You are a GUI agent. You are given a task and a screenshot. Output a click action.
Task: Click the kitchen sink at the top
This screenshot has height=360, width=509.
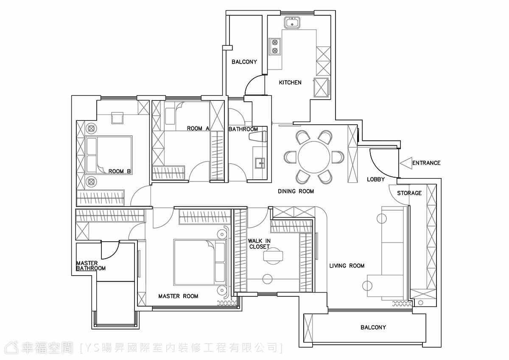click(292, 22)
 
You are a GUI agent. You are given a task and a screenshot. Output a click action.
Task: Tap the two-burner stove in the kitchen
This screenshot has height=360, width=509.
click(275, 46)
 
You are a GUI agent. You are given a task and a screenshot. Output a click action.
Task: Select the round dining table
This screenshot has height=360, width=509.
click(314, 157)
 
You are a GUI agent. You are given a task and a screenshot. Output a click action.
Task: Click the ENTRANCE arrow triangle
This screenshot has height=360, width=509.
click(406, 163)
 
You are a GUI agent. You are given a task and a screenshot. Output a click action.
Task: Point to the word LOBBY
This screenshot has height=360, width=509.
click(376, 179)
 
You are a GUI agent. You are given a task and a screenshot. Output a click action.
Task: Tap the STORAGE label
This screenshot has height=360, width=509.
click(409, 193)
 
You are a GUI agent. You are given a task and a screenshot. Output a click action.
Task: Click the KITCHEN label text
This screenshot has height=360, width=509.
click(290, 82)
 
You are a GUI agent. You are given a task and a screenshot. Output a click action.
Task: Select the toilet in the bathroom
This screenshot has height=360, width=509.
click(258, 137)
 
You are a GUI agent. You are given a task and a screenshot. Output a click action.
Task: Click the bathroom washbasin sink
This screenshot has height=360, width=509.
click(260, 163)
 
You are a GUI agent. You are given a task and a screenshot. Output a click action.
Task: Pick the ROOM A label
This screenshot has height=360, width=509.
click(198, 128)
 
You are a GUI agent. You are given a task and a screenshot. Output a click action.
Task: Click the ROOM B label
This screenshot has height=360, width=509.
click(120, 171)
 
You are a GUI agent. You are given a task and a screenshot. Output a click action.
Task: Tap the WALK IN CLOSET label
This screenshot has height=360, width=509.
click(259, 244)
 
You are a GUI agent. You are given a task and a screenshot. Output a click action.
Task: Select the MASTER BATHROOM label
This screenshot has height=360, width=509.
click(91, 266)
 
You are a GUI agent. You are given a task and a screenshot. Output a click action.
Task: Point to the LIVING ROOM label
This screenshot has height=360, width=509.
click(347, 265)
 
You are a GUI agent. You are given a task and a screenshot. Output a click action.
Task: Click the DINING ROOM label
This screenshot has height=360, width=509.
click(296, 191)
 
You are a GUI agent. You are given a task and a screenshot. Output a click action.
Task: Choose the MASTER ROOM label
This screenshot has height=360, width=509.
click(178, 296)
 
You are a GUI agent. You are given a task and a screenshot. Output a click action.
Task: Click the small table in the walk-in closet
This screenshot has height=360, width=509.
click(273, 256)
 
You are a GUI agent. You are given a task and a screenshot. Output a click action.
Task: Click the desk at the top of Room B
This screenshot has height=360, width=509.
click(117, 118)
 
